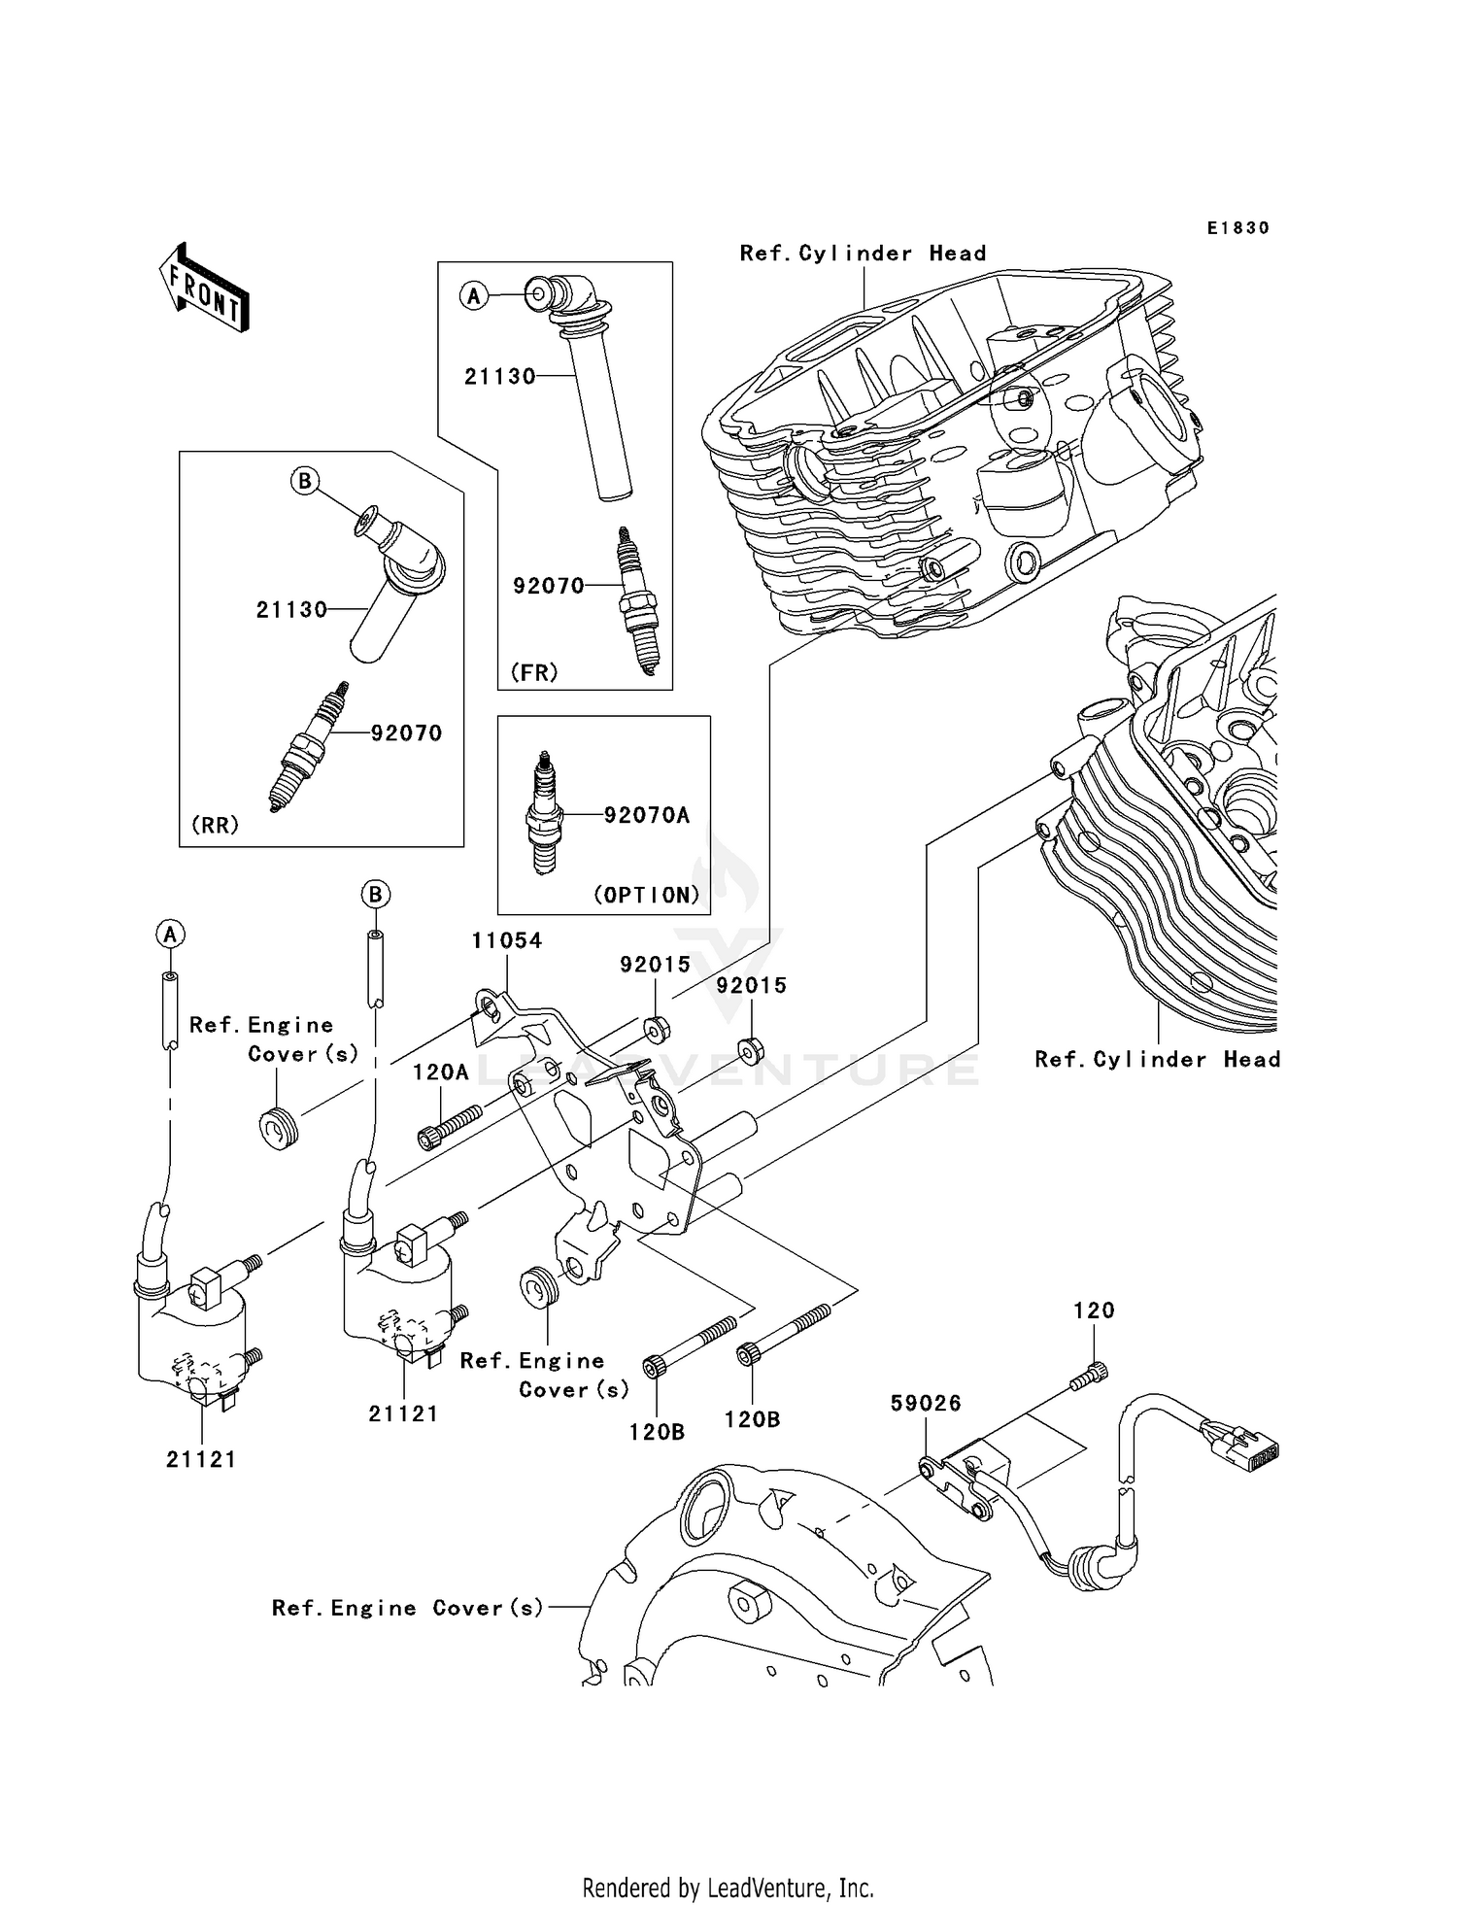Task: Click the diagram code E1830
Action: (1237, 228)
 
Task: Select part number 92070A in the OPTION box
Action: (646, 815)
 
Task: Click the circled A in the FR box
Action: (473, 295)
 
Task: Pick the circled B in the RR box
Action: (305, 481)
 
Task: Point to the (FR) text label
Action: (534, 672)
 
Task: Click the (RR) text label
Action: (215, 825)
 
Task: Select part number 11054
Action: (506, 940)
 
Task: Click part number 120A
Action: (440, 1072)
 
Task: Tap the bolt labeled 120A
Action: (450, 1127)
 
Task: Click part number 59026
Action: (926, 1403)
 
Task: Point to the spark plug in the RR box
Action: (308, 747)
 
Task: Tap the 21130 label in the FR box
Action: (499, 377)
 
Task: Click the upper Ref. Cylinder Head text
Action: (863, 254)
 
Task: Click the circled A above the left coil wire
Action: (170, 935)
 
